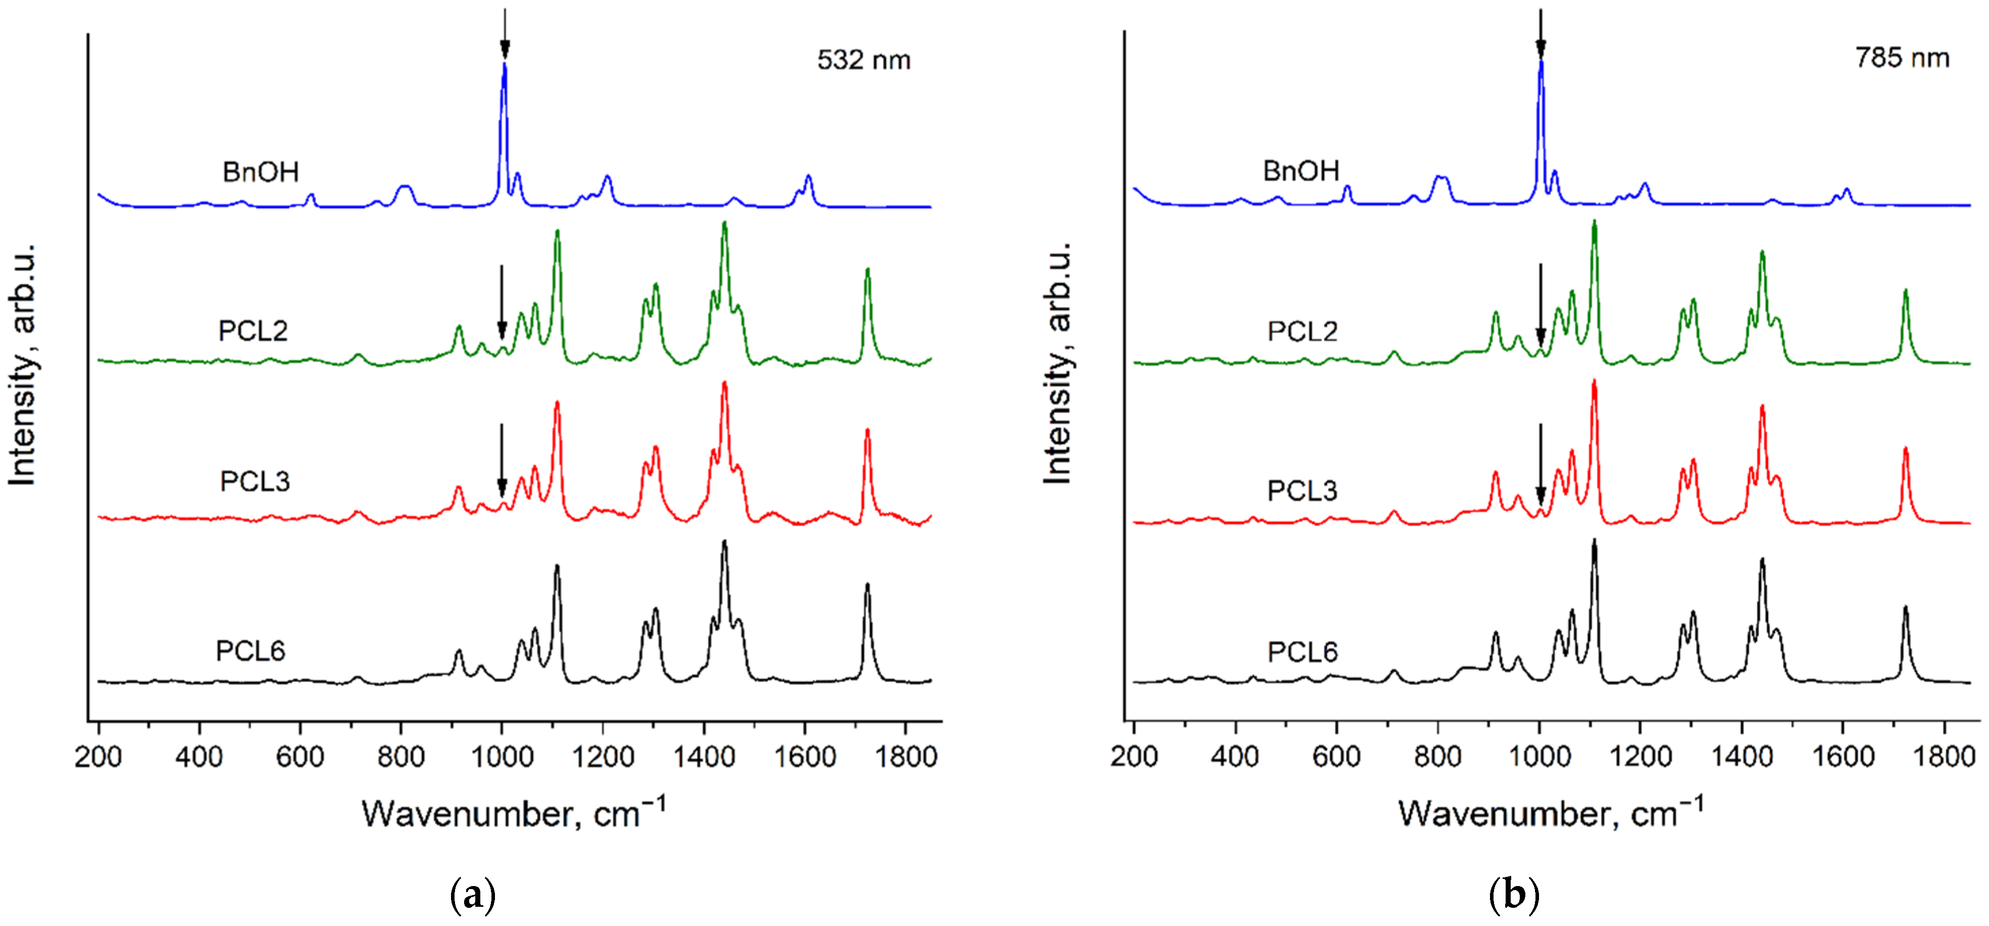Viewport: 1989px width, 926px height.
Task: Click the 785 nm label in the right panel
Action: pyautogui.click(x=1902, y=58)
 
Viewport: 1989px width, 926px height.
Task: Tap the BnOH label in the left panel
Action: pyautogui.click(x=260, y=171)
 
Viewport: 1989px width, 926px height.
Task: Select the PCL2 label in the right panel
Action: pyautogui.click(x=1302, y=331)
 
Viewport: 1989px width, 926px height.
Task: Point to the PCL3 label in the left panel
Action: pyautogui.click(x=255, y=481)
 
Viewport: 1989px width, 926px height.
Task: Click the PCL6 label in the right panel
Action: pyautogui.click(x=1302, y=652)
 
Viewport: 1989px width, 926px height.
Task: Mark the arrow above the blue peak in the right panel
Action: pyautogui.click(x=1541, y=32)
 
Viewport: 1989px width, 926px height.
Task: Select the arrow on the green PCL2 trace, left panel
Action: pyautogui.click(x=502, y=301)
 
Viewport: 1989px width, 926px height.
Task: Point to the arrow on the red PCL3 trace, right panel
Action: pyautogui.click(x=1541, y=463)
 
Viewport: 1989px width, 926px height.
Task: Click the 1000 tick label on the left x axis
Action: pyautogui.click(x=502, y=757)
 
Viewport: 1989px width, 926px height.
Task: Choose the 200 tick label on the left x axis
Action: pyautogui.click(x=98, y=757)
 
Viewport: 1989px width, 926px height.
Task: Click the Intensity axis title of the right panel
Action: pyautogui.click(x=1057, y=363)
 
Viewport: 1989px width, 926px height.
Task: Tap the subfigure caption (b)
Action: pyautogui.click(x=1513, y=896)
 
